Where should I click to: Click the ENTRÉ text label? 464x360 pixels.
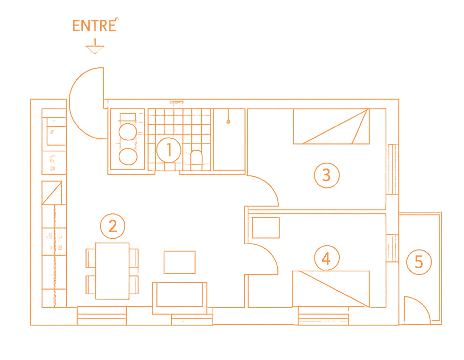pyautogui.click(x=94, y=26)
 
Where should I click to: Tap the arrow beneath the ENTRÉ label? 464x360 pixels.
pyautogui.click(x=94, y=48)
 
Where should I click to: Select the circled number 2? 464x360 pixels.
pyautogui.click(x=112, y=225)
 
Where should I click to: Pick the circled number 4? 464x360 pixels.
pyautogui.click(x=327, y=258)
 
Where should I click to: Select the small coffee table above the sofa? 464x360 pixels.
pyautogui.click(x=180, y=262)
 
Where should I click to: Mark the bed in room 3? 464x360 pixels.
pyautogui.click(x=331, y=128)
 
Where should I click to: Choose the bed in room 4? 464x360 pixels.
pyautogui.click(x=332, y=288)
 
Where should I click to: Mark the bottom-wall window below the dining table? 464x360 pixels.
pyautogui.click(x=102, y=316)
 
